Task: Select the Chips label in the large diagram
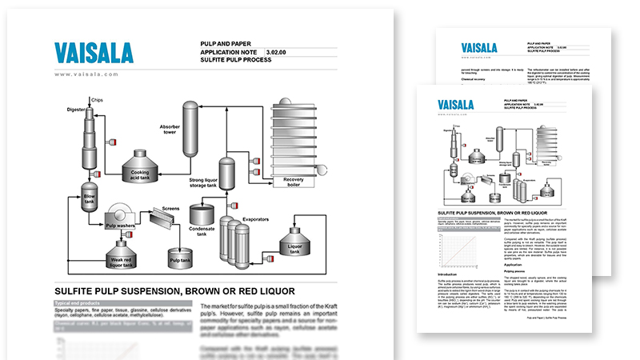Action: (x=96, y=100)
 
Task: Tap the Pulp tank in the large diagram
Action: (x=178, y=257)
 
